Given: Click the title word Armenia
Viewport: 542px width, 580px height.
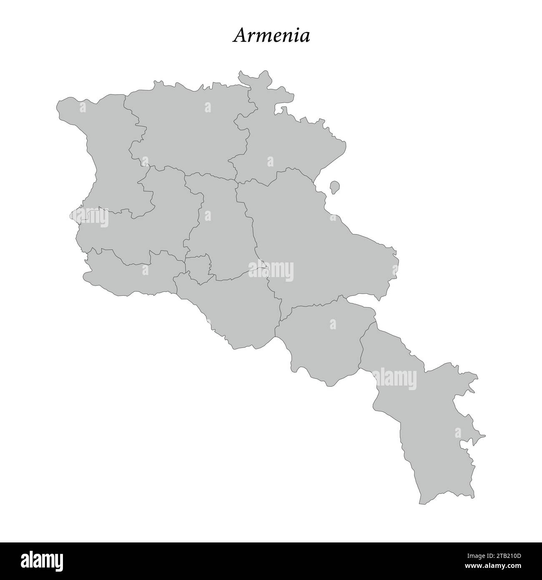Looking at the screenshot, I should tap(271, 36).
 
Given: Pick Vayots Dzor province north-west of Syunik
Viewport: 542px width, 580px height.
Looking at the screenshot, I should tap(325, 338).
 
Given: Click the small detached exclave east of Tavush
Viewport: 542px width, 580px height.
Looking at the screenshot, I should tap(334, 187).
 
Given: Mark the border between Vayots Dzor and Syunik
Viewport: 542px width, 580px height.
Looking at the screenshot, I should tap(367, 334).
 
